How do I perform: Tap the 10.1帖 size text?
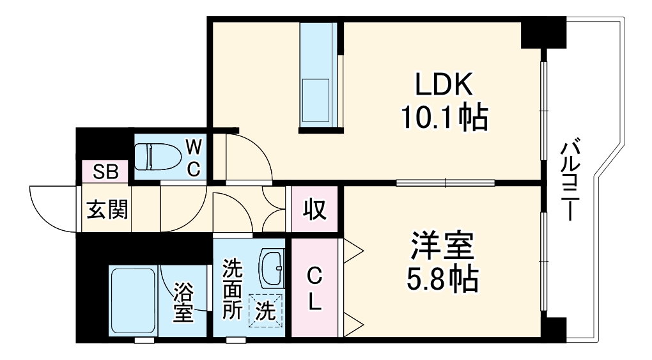(444, 118)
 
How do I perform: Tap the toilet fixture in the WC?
(157, 156)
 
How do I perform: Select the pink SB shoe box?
(105, 171)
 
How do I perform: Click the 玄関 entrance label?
(107, 209)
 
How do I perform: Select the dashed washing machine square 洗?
(265, 310)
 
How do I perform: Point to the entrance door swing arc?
(48, 208)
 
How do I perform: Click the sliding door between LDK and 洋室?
(445, 183)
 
